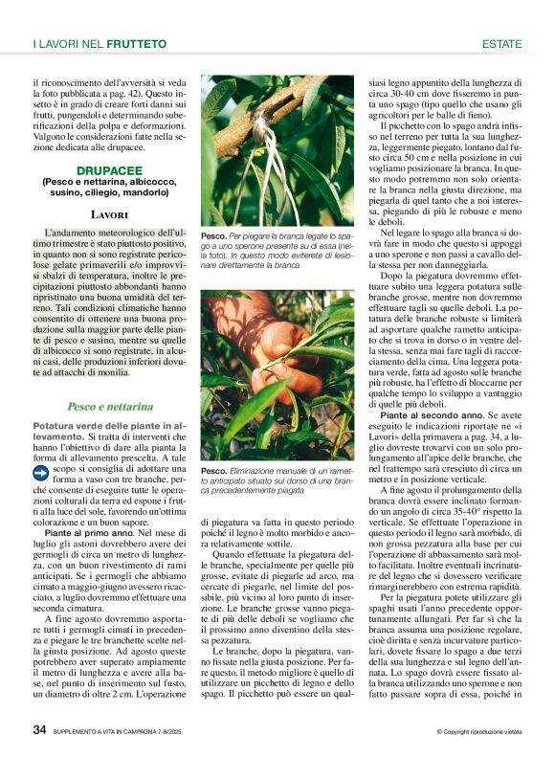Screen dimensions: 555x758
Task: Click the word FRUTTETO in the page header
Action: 137,44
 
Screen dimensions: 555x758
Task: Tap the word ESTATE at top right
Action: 501,44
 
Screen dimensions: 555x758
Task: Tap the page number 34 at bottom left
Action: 39,729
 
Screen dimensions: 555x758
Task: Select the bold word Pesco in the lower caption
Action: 213,472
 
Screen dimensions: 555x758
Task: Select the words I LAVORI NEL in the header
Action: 68,44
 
